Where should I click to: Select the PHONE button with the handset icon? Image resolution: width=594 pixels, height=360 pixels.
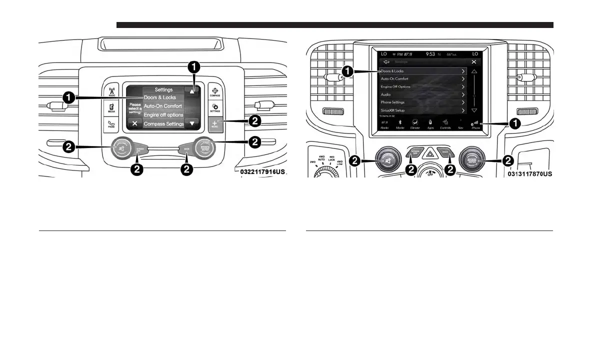point(112,123)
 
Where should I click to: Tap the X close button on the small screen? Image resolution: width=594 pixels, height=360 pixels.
point(134,123)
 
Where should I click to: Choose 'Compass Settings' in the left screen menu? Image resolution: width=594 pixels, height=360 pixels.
point(163,123)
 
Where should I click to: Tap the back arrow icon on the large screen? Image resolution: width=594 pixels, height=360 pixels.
point(386,61)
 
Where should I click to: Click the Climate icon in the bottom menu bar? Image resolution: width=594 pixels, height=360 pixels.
point(415,124)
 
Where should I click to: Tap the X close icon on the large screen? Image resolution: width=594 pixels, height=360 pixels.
point(473,61)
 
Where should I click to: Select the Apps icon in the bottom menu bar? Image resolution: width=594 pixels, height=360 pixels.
point(430,124)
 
